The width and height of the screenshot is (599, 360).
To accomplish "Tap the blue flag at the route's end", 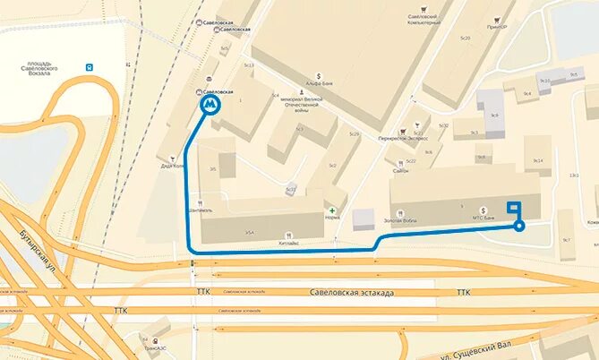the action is [x=514, y=208].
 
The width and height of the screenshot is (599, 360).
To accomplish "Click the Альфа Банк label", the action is [x=319, y=85].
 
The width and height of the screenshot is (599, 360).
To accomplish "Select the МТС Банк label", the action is [x=483, y=217].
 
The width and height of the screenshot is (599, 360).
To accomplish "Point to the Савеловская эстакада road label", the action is [x=346, y=292].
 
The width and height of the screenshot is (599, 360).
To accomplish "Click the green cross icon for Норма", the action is [x=332, y=210].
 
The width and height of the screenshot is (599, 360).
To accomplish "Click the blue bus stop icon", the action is [x=89, y=66].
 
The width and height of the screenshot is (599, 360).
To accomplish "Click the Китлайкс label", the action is [x=288, y=242].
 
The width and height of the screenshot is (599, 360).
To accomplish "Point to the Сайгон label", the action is [x=400, y=170].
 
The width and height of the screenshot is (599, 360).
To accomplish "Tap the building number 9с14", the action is [x=538, y=160].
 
